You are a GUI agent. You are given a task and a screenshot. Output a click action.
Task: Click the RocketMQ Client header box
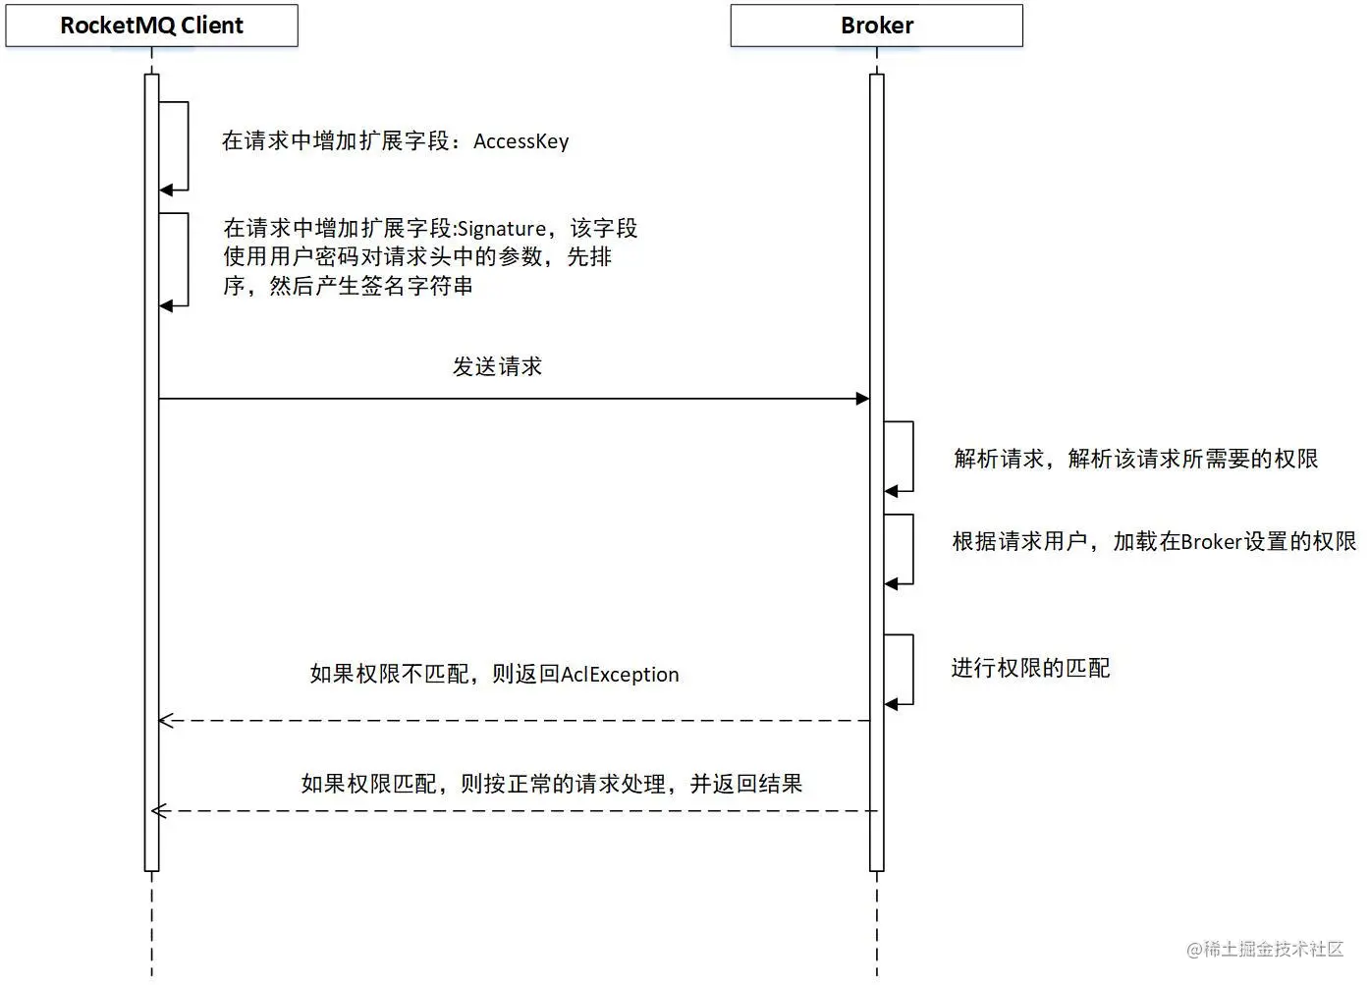(x=151, y=26)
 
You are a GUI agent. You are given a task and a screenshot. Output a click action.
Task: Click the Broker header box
(x=876, y=26)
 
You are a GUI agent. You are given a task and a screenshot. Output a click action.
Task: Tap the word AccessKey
(x=521, y=141)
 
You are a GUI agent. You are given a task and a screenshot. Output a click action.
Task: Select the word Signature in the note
(x=501, y=229)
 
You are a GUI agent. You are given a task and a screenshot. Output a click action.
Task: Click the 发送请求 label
(x=497, y=367)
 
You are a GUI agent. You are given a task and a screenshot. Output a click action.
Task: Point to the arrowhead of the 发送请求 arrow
(x=862, y=399)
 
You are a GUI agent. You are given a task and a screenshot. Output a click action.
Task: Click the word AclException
(x=620, y=675)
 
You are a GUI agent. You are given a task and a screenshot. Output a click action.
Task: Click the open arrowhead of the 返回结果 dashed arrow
(x=160, y=811)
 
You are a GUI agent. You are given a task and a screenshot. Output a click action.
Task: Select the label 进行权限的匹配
(x=1030, y=669)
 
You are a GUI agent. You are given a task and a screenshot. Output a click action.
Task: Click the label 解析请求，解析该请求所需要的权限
(x=1135, y=459)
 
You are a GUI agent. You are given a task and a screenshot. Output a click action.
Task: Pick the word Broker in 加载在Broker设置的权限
(x=1211, y=542)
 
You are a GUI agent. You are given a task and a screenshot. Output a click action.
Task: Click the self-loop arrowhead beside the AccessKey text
(x=167, y=190)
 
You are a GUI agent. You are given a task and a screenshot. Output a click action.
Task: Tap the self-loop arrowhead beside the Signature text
(x=167, y=305)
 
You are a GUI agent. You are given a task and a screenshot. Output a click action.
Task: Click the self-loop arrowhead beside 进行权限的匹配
(x=891, y=704)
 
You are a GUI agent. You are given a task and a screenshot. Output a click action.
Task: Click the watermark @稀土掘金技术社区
(x=1265, y=949)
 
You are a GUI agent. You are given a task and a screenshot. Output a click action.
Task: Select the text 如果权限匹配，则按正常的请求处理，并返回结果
(x=551, y=784)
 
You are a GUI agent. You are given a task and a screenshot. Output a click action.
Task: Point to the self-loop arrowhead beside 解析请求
(x=891, y=491)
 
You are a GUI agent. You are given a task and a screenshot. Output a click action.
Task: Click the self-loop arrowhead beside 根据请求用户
(x=891, y=584)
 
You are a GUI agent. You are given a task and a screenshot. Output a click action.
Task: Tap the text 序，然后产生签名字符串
(x=348, y=287)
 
